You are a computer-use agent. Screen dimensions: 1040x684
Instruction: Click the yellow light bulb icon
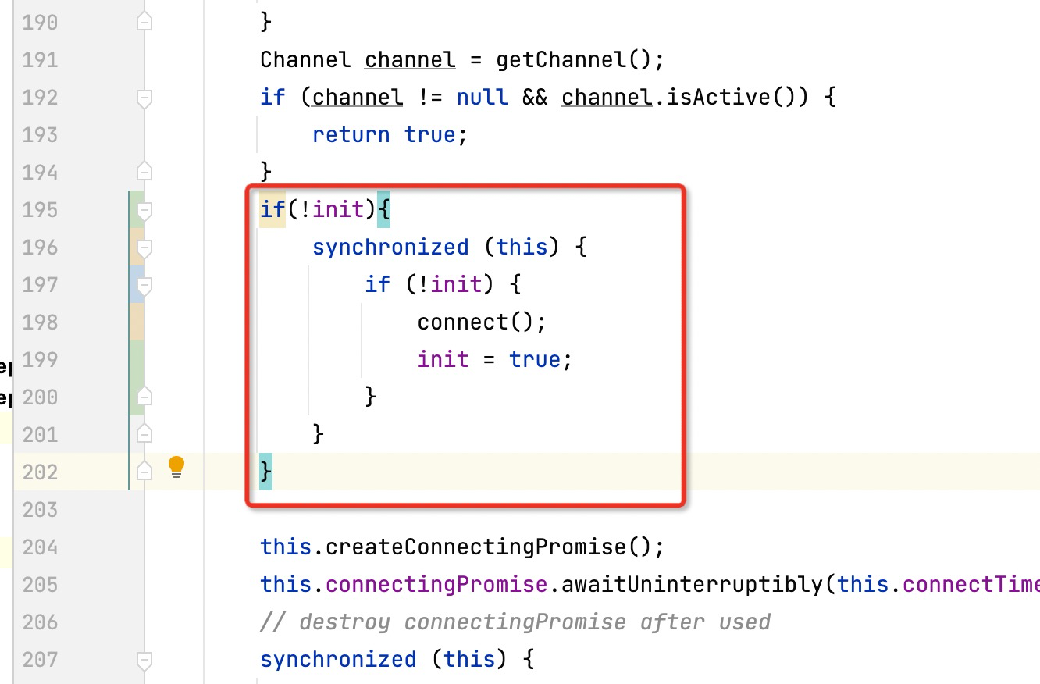coord(176,467)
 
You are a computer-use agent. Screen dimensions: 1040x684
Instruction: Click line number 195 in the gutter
coord(40,210)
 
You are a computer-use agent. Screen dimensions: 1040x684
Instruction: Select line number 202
coord(40,472)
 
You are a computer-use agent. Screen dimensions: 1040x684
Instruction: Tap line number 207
coord(40,660)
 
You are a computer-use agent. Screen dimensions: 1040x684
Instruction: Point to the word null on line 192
coord(482,98)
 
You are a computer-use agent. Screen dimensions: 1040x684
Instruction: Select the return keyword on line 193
coord(351,135)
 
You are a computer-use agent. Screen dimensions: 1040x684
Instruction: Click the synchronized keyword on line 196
coord(390,248)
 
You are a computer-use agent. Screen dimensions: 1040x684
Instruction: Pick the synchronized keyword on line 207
coord(337,660)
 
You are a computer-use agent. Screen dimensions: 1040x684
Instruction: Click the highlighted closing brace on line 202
coord(266,472)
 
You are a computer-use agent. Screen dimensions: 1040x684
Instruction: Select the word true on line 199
coord(535,360)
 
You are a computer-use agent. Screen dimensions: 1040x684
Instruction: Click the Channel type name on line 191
coord(305,60)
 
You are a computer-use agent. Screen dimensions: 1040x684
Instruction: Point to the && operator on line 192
coord(534,98)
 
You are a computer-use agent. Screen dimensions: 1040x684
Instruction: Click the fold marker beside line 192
coord(144,98)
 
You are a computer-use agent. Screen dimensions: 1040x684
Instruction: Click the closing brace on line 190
coord(265,23)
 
